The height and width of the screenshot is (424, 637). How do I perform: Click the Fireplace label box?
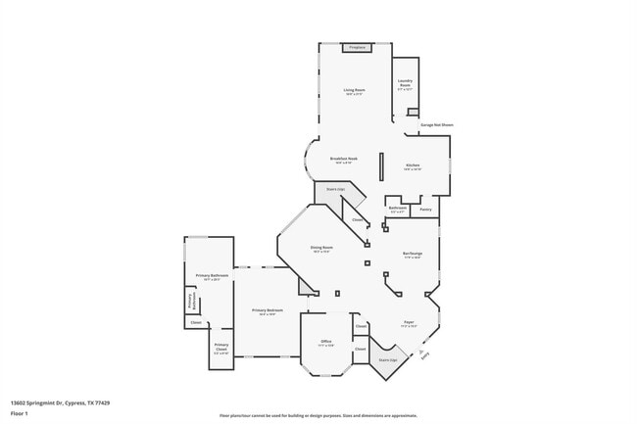tap(356, 47)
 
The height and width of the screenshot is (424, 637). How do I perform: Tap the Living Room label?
tap(354, 92)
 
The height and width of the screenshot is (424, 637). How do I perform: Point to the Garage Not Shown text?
tap(436, 125)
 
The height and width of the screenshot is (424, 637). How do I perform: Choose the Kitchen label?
tap(413, 166)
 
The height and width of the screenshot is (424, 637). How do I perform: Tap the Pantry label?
tap(425, 210)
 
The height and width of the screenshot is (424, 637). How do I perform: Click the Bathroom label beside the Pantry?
tap(398, 209)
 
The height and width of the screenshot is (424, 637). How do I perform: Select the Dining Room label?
tap(321, 249)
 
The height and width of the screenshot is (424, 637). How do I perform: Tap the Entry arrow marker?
tap(423, 353)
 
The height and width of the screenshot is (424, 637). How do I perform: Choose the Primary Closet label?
tap(221, 348)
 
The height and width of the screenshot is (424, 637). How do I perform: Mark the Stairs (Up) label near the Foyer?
tap(388, 360)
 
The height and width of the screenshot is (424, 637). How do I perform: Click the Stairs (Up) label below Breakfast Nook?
tap(335, 189)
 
